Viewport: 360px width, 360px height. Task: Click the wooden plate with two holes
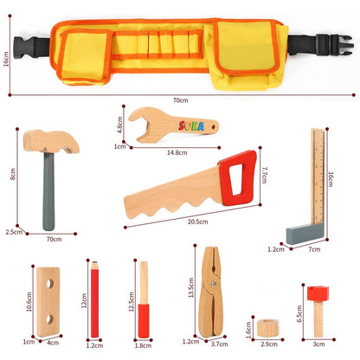click(x=49, y=300)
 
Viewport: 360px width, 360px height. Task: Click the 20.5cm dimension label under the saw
click(x=198, y=222)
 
